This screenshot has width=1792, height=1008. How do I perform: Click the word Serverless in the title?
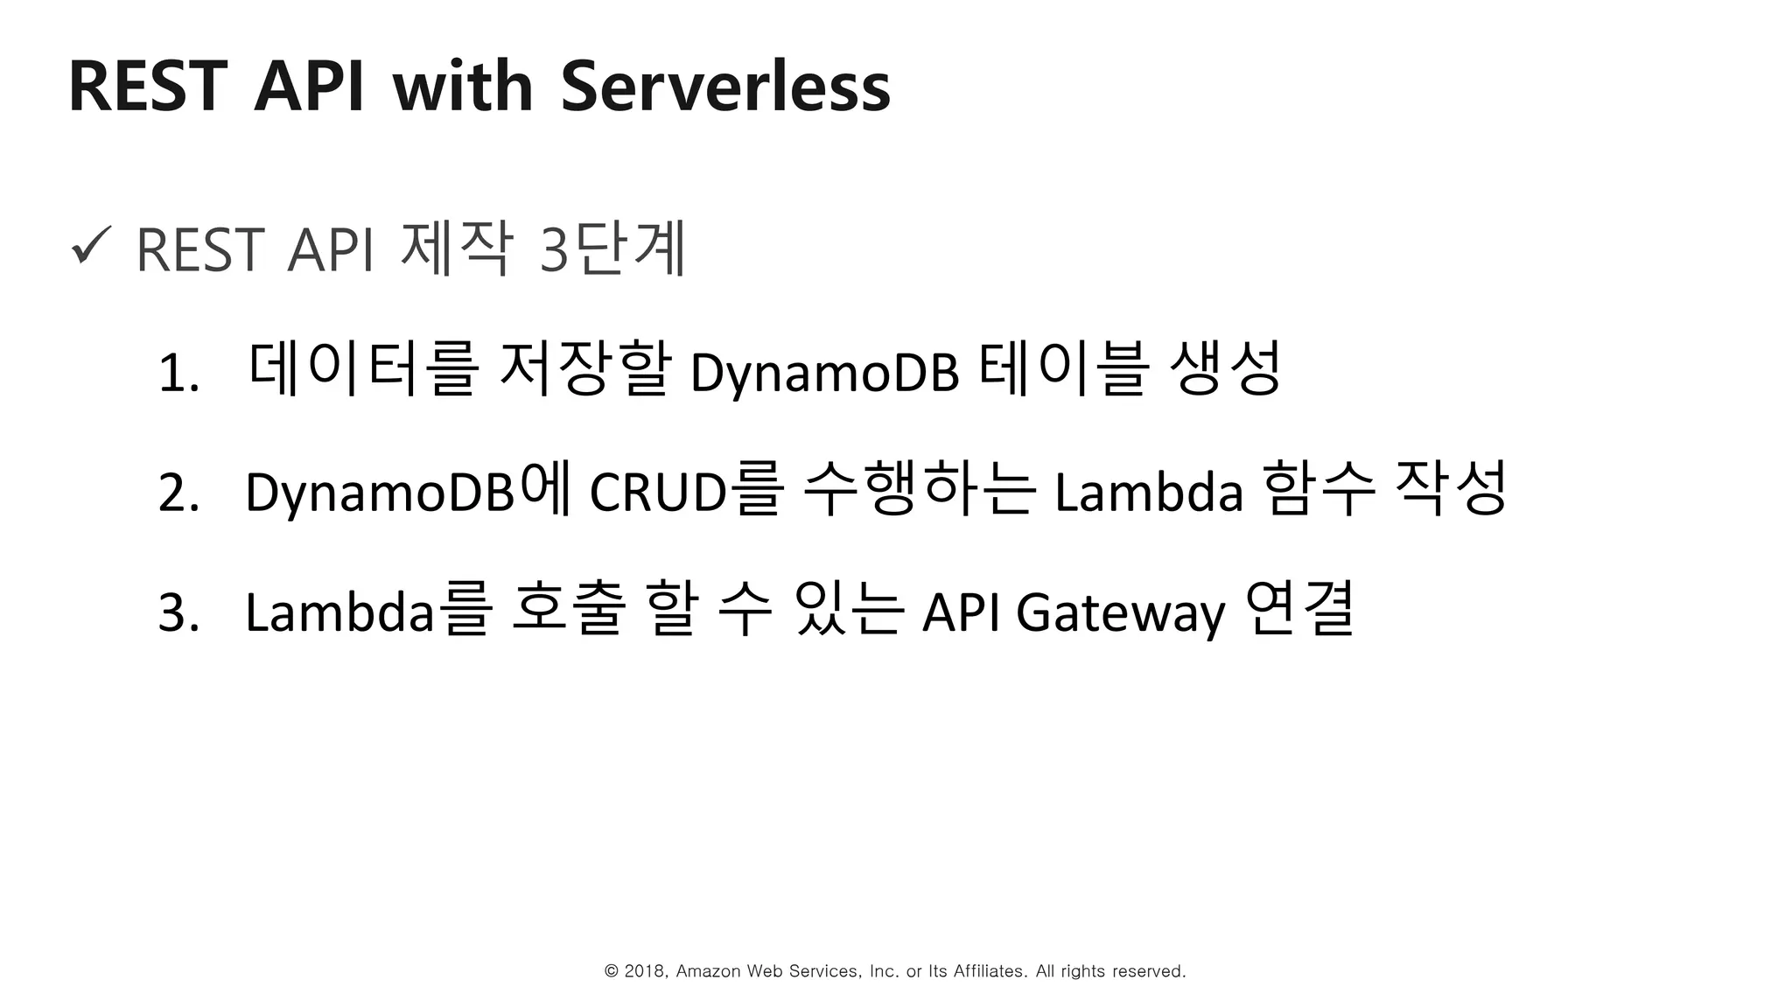[x=724, y=87]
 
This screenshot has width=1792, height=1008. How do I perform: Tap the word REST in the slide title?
[x=147, y=87]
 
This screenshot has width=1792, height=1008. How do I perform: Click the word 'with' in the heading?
[x=462, y=87]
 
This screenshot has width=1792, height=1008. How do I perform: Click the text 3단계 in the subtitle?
[x=612, y=250]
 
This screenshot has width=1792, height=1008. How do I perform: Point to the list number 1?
[x=178, y=374]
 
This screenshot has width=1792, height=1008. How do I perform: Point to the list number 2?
[x=178, y=493]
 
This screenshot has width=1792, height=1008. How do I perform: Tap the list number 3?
[x=178, y=612]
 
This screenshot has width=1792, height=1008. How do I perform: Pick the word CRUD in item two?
[x=658, y=492]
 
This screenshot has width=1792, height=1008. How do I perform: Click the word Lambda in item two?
[x=1148, y=492]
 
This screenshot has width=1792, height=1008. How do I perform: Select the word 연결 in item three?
[x=1298, y=607]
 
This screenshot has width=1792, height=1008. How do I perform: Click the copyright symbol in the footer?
[x=612, y=971]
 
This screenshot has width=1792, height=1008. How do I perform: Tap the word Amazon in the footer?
[x=709, y=971]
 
